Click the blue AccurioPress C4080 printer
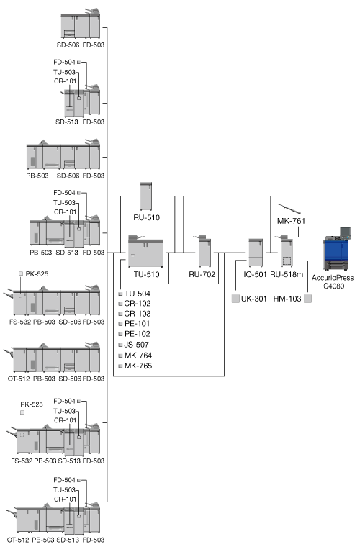(x=336, y=250)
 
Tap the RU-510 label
(x=146, y=217)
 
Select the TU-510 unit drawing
(x=145, y=251)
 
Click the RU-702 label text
(x=202, y=274)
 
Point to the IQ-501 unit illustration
(x=256, y=253)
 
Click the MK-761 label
(x=291, y=221)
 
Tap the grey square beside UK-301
(x=235, y=299)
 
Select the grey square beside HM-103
(x=307, y=299)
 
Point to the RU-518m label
(x=287, y=274)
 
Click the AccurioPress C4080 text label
(x=333, y=281)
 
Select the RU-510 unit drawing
(x=146, y=196)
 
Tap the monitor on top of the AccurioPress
(x=346, y=232)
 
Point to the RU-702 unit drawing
(x=204, y=251)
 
